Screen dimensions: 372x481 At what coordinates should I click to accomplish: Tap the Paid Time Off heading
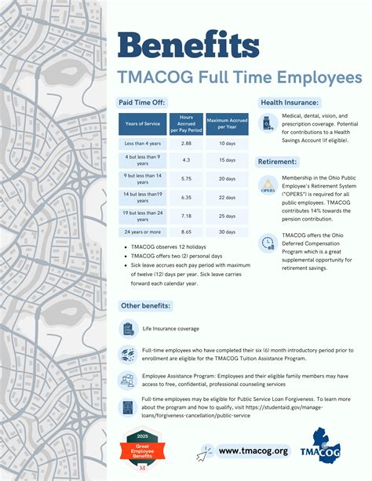tap(142, 103)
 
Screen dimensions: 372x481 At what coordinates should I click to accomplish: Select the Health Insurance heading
tap(289, 103)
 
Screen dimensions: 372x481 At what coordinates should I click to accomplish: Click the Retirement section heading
tap(278, 162)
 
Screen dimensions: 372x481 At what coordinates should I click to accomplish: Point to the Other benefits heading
tap(145, 305)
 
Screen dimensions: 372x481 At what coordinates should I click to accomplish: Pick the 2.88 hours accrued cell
tap(186, 144)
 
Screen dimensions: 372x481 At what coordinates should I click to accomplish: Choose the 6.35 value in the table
tap(186, 198)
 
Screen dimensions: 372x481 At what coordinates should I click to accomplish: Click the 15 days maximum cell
tap(227, 161)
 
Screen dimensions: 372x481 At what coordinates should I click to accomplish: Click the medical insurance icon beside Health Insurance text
tap(267, 123)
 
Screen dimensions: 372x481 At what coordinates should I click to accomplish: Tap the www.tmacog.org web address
tap(253, 450)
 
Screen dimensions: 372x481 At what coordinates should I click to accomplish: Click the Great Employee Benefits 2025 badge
tap(142, 451)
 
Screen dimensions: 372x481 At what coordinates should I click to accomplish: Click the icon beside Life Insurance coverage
tap(127, 329)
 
